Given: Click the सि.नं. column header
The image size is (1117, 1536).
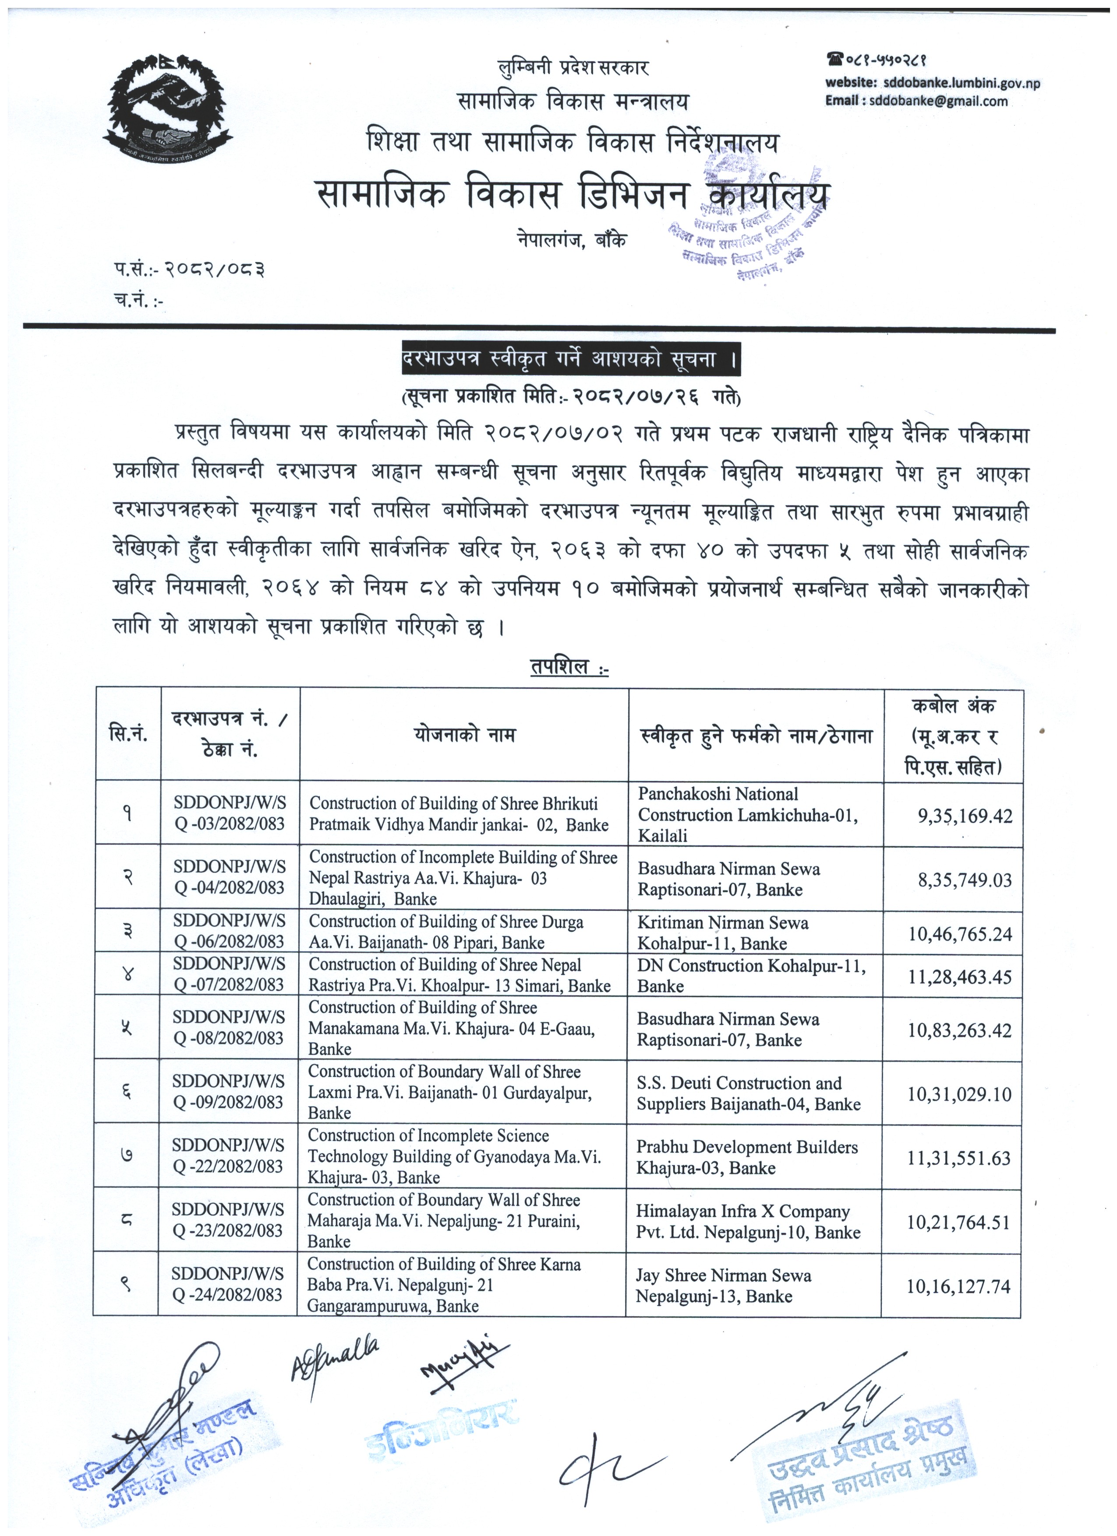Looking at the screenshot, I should (128, 735).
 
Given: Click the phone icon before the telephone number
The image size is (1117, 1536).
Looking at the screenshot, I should (834, 60).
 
